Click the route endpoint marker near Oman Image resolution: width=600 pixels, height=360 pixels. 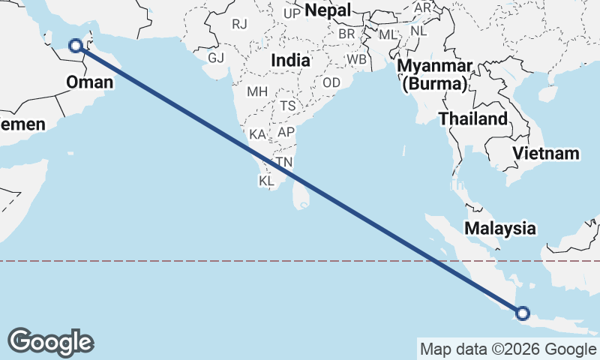[x=76, y=46]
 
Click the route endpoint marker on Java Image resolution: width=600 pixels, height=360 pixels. [x=522, y=313]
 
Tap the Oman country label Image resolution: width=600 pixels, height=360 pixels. [x=89, y=82]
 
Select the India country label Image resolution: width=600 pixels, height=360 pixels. [x=292, y=60]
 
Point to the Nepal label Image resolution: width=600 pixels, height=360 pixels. [x=328, y=11]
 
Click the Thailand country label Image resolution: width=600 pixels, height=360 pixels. [x=472, y=119]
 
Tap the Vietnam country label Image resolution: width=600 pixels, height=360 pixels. [x=547, y=154]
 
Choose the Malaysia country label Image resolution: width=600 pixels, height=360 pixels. [x=500, y=228]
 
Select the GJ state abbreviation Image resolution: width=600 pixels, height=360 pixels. [x=216, y=58]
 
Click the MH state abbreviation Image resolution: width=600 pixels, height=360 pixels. [x=257, y=91]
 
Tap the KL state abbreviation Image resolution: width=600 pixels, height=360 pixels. [x=267, y=181]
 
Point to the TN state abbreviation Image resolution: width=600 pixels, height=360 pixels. [x=284, y=162]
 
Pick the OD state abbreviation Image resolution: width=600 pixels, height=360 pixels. [x=331, y=82]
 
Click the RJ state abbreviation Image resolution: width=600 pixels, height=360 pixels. [x=239, y=24]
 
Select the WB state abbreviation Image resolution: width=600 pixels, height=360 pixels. [x=356, y=59]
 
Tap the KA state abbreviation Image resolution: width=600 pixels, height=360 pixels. [x=257, y=135]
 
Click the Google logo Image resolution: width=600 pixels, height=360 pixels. [x=50, y=342]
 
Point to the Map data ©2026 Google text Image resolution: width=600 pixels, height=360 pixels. [x=508, y=349]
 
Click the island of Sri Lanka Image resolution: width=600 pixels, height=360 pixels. [x=301, y=196]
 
